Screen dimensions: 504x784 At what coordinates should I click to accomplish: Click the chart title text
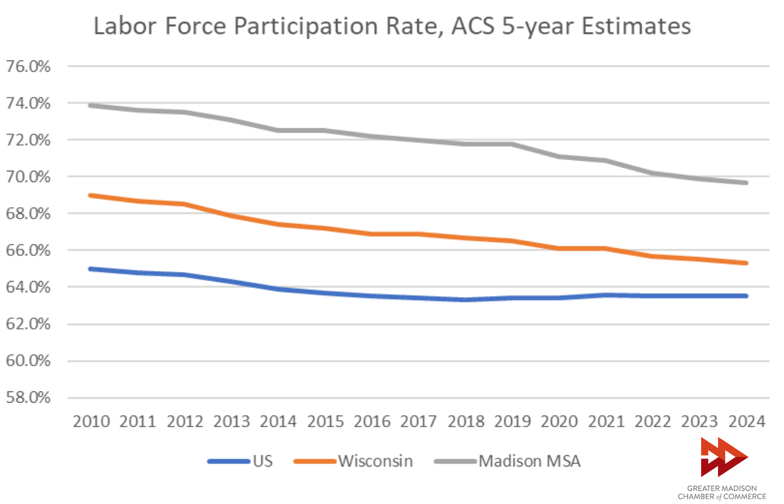(392, 26)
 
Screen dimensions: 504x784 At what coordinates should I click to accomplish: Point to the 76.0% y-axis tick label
(28, 67)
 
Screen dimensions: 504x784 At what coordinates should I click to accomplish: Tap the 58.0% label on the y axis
(28, 398)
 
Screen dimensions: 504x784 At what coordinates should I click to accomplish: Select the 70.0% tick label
(28, 177)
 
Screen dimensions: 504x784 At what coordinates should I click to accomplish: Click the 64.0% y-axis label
(28, 287)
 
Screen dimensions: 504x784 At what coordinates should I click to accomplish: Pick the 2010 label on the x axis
(91, 421)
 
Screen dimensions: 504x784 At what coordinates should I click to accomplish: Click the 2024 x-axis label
(746, 421)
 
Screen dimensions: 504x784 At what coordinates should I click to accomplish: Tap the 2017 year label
(419, 421)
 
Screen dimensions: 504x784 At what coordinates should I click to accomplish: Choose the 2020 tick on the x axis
(559, 421)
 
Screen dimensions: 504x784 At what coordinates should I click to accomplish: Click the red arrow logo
(723, 456)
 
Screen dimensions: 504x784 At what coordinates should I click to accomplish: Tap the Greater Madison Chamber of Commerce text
(722, 492)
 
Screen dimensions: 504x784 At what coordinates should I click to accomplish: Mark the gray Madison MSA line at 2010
(91, 105)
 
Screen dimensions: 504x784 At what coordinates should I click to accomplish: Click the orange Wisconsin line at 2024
(746, 263)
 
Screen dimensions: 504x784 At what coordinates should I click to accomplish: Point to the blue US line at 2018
(465, 300)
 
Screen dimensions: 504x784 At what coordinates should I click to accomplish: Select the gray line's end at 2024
(746, 183)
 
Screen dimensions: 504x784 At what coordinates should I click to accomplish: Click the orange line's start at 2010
(91, 195)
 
